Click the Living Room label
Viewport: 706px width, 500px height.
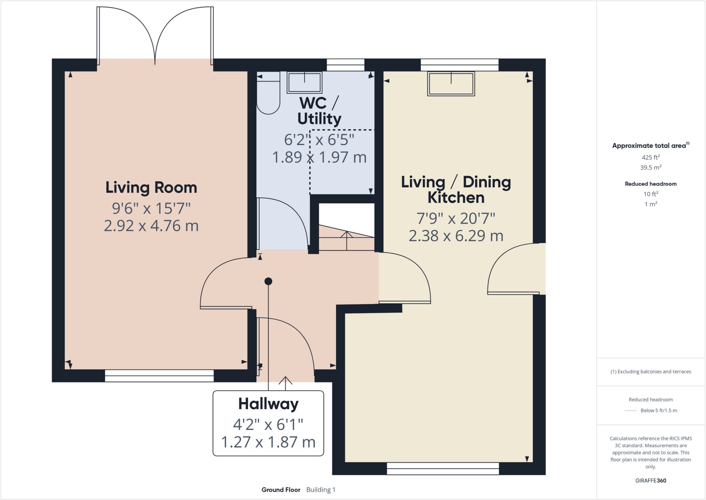[x=151, y=188]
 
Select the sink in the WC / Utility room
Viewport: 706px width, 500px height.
[x=304, y=82]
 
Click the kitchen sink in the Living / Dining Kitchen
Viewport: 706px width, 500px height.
[x=451, y=84]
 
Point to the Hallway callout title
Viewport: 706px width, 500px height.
[x=268, y=404]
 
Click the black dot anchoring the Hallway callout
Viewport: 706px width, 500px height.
[x=268, y=281]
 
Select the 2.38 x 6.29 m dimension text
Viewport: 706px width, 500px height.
[x=456, y=236]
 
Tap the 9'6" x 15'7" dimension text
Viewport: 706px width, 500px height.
[x=151, y=208]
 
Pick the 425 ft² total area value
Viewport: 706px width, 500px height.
[x=650, y=157]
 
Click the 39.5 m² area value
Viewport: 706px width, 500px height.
[x=650, y=168]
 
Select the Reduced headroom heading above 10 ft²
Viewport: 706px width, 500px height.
[x=650, y=184]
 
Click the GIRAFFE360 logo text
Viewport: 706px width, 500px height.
[x=650, y=481]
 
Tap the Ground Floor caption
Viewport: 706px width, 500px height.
[x=281, y=490]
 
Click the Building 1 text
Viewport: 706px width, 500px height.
[x=321, y=490]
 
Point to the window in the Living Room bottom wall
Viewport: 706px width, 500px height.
[x=159, y=376]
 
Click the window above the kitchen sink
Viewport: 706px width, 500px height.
[x=460, y=65]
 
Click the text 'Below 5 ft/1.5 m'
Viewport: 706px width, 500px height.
[x=658, y=411]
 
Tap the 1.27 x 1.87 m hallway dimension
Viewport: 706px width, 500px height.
[x=268, y=442]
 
